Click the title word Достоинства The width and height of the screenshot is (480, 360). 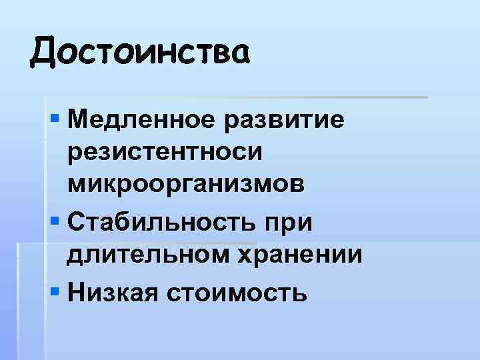tap(140, 51)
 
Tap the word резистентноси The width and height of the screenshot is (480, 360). tap(174, 153)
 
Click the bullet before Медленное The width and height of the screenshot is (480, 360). tap(56, 121)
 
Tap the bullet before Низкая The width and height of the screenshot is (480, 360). tap(56, 290)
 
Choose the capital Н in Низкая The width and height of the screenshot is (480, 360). tap(76, 290)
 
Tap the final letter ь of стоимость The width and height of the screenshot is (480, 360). tap(301, 291)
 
